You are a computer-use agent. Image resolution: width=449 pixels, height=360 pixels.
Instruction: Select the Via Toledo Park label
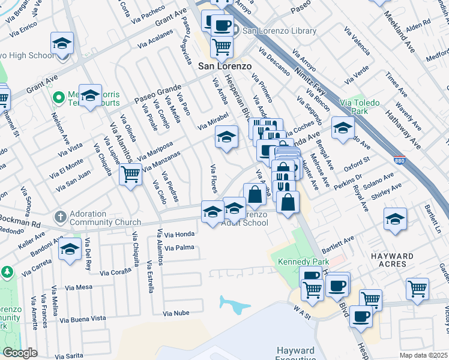pyautogui.click(x=359, y=107)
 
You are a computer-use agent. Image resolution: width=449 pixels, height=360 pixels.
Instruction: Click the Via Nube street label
pyautogui.click(x=176, y=313)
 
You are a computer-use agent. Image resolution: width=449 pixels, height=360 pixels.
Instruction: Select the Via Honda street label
pyautogui.click(x=179, y=234)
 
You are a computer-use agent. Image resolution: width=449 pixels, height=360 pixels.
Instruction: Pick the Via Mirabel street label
pyautogui.click(x=213, y=124)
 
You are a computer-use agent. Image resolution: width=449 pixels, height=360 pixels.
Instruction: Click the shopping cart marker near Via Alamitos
pyautogui.click(x=130, y=175)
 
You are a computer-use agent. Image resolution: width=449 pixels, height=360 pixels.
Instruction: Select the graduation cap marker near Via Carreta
pyautogui.click(x=70, y=249)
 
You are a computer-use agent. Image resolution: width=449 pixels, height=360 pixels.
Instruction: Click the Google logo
pyautogui.click(x=20, y=353)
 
